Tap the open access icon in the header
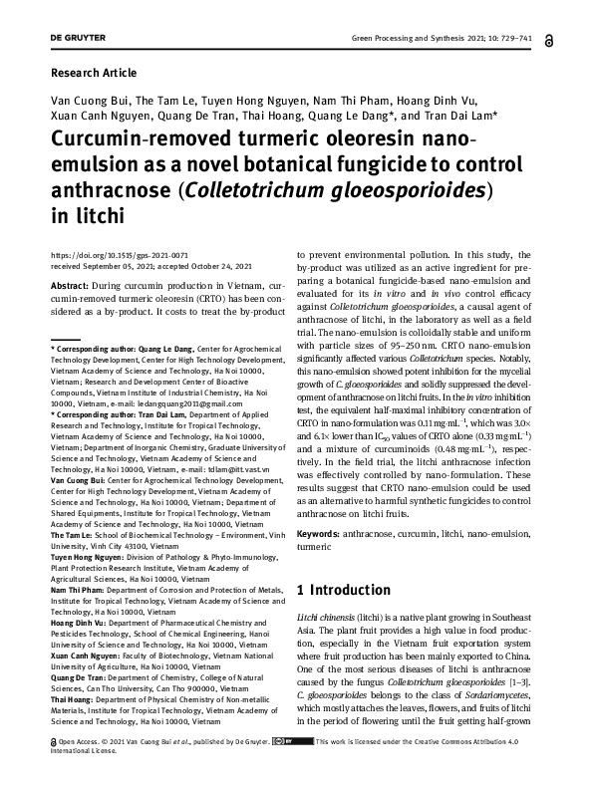[552, 41]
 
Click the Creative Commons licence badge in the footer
[290, 769]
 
